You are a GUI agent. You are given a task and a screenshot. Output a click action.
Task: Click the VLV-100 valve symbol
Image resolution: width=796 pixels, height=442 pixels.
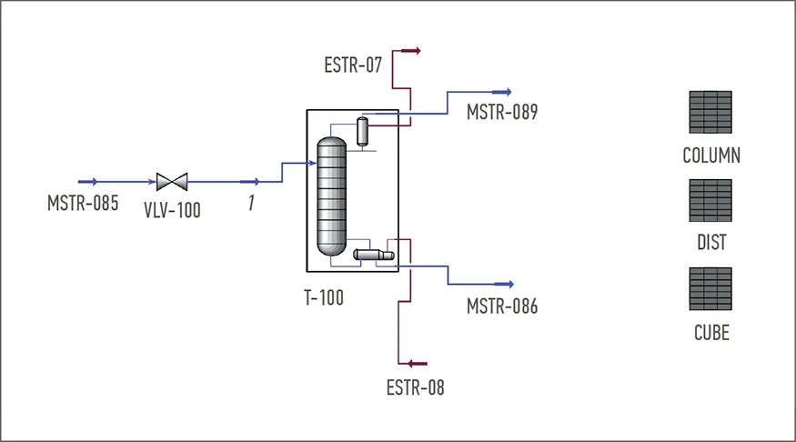pyautogui.click(x=172, y=182)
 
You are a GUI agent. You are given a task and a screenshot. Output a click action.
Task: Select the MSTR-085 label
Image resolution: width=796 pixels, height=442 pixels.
pyautogui.click(x=83, y=203)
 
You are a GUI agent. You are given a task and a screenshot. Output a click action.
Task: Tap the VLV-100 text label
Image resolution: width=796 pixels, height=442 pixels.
pyautogui.click(x=172, y=210)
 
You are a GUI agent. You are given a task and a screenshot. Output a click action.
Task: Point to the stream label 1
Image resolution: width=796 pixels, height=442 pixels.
pyautogui.click(x=251, y=203)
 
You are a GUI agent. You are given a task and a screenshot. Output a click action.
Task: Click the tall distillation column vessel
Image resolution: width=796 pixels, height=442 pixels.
pyautogui.click(x=331, y=196)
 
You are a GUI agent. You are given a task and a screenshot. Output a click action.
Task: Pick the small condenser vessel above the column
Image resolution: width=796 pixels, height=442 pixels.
pyautogui.click(x=362, y=132)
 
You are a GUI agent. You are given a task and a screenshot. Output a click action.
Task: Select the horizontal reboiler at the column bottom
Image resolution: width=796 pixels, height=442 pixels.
pyautogui.click(x=374, y=255)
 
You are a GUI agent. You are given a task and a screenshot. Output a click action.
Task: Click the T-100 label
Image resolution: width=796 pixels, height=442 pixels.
pyautogui.click(x=324, y=297)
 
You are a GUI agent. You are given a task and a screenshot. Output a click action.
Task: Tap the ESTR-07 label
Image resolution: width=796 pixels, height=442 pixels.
pyautogui.click(x=353, y=65)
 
